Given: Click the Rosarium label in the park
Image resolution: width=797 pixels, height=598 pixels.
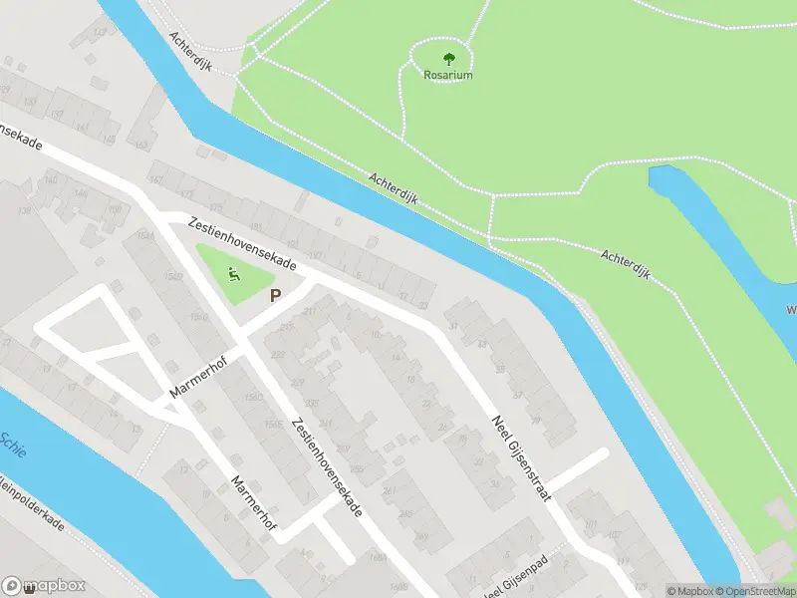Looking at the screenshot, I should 446,75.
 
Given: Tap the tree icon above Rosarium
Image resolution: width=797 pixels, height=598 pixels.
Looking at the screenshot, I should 447,57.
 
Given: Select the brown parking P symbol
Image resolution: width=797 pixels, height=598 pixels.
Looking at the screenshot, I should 276,295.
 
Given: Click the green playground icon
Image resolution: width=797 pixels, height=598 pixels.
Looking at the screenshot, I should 235,273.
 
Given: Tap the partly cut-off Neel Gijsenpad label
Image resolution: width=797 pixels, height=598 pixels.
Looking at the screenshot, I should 519,587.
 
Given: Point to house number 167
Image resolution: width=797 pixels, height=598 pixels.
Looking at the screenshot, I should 155,179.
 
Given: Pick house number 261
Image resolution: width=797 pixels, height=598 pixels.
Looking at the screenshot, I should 389,490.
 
